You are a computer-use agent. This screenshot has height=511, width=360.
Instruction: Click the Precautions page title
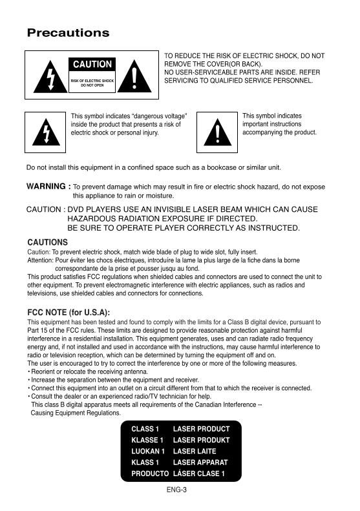pos(68,33)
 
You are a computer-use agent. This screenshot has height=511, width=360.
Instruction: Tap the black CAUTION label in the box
pos(92,65)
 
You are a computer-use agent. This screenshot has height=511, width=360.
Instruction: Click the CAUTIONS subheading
pos(47,242)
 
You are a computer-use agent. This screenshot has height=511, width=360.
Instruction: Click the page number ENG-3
pos(176,490)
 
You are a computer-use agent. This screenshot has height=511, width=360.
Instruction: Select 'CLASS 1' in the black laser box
pos(145,429)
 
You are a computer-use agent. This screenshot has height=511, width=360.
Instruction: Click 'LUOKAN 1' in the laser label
pos(148,451)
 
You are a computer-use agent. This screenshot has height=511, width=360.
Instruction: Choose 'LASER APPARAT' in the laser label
pos(200,463)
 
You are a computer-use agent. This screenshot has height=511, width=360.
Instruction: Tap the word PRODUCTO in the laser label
pos(150,474)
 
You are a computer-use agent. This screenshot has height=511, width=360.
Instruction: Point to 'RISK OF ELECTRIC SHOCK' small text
pos(92,80)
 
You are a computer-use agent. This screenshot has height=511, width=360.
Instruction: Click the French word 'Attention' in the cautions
pos(39,260)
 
